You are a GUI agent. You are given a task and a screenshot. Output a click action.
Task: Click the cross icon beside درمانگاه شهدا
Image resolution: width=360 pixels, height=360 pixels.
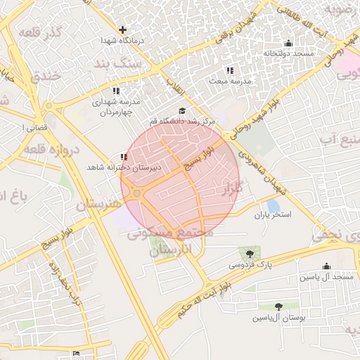tap(123, 30)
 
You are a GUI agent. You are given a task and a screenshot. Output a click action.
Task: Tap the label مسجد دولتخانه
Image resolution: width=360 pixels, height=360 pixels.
tap(288, 54)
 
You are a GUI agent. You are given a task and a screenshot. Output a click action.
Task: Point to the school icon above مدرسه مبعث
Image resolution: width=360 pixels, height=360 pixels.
tap(229, 70)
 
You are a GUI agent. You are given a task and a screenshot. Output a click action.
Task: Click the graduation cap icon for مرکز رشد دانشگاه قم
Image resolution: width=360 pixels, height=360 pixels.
tap(183, 110)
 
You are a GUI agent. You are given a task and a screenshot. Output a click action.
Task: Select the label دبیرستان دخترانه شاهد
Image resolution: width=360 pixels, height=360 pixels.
tap(124, 168)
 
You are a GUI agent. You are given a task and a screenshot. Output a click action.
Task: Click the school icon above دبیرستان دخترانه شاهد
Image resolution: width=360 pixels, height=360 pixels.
tap(124, 157)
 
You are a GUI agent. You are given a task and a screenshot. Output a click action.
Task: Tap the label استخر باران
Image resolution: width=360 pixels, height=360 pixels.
tap(272, 216)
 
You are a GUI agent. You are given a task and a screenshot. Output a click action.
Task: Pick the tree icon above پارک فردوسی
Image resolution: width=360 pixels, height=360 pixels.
tap(249, 252)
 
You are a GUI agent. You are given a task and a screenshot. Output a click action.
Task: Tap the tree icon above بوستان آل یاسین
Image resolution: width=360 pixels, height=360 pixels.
tap(279, 307)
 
